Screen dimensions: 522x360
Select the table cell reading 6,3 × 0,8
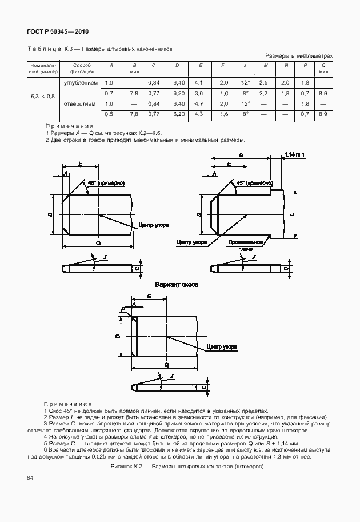point(42,95)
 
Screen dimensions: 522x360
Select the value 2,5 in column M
point(263,83)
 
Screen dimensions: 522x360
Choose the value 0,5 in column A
point(109,114)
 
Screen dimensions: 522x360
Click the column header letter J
point(244,66)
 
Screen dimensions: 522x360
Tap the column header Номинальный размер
point(42,69)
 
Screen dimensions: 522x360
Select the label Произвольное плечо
point(245,245)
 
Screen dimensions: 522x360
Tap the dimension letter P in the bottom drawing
point(122,310)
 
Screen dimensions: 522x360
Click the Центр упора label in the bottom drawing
point(222,346)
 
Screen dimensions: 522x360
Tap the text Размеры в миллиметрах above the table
point(299,56)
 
